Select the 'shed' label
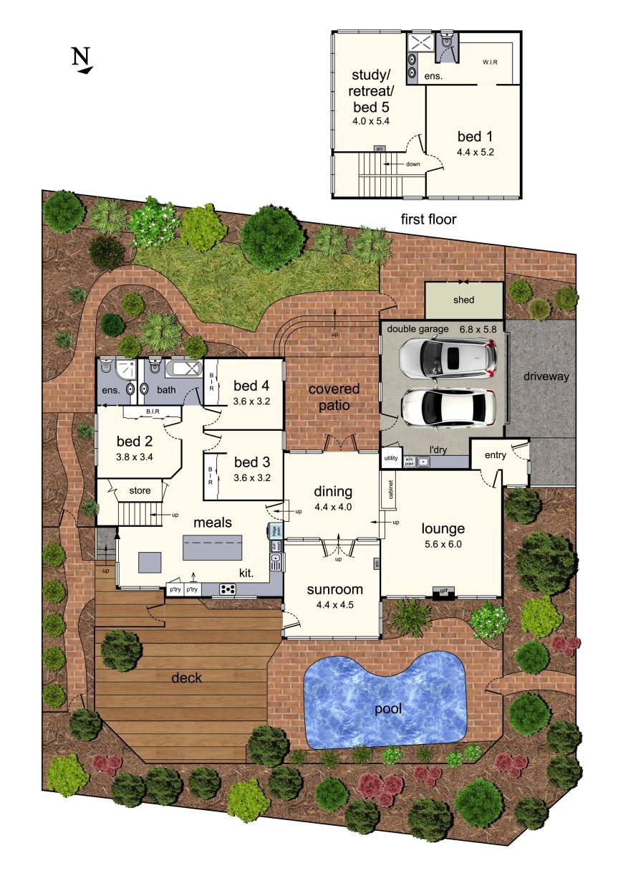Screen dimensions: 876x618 (463, 300)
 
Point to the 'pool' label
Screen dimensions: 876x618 (387, 709)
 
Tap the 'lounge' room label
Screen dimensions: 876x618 (443, 529)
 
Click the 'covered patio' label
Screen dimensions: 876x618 (333, 396)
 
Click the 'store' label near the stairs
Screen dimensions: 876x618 (140, 490)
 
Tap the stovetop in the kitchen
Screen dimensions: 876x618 (228, 589)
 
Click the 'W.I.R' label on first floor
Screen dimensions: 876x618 (490, 62)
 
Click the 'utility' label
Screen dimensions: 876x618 (391, 457)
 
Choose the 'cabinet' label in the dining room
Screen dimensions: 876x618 (391, 490)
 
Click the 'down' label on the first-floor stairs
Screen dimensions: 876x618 (413, 163)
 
